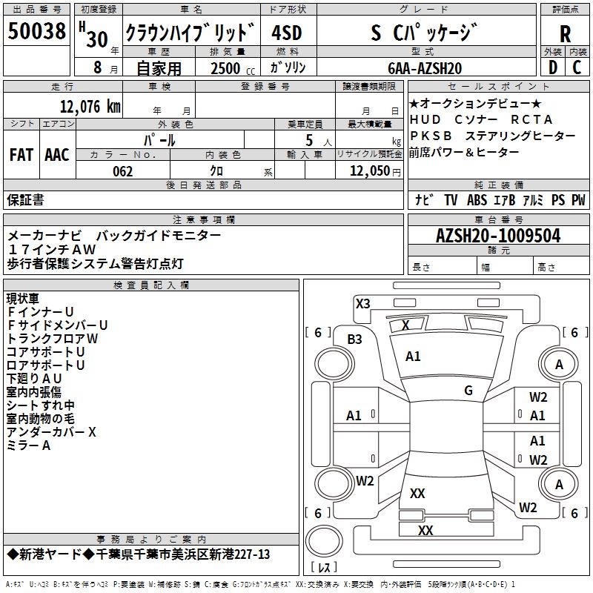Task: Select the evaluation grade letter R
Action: pos(565,33)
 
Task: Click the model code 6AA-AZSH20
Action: pos(425,68)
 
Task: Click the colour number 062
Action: pos(123,171)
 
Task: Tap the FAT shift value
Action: pos(21,155)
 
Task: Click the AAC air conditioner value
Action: pos(57,155)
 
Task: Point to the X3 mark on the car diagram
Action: pos(363,303)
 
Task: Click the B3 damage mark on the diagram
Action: pos(355,339)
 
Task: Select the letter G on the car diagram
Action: pos(468,391)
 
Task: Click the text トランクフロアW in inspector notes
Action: pos(52,338)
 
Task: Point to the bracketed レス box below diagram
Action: pos(324,568)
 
